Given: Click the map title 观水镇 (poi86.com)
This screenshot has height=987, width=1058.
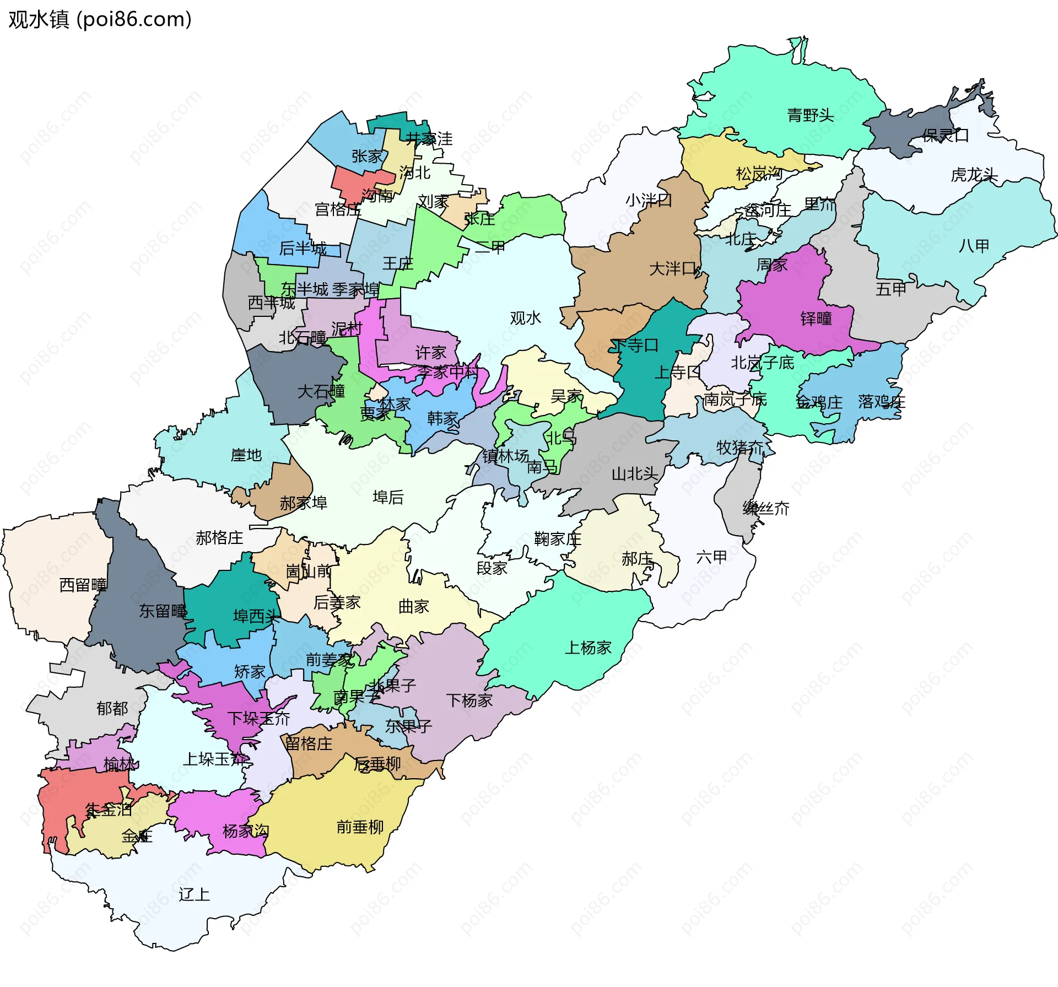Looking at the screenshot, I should pyautogui.click(x=100, y=19).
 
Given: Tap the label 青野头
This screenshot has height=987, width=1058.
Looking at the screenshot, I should pyautogui.click(x=810, y=115).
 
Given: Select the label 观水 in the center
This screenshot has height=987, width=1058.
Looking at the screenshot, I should pyautogui.click(x=525, y=318).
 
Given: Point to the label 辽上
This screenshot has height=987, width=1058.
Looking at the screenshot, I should pyautogui.click(x=194, y=894).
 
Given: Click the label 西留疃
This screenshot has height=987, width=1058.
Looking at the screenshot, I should pyautogui.click(x=83, y=585).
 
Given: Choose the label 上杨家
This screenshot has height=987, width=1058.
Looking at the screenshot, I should pyautogui.click(x=588, y=648).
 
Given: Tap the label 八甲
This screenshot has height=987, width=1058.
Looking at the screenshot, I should pyautogui.click(x=974, y=246).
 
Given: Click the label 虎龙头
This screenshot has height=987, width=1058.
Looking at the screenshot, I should pyautogui.click(x=974, y=175).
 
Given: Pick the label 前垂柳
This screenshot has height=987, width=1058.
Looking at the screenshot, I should pyautogui.click(x=360, y=827).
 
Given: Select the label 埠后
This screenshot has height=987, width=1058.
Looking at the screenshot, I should pyautogui.click(x=388, y=497).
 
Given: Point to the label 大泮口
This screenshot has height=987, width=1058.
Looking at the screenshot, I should pyautogui.click(x=673, y=269).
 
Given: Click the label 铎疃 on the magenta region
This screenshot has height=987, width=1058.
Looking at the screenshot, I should pyautogui.click(x=816, y=319).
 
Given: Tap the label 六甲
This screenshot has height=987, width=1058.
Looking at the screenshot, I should pyautogui.click(x=711, y=557).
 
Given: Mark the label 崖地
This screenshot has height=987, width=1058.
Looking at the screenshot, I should pyautogui.click(x=246, y=455).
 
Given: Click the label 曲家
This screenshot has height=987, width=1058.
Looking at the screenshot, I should pyautogui.click(x=413, y=607).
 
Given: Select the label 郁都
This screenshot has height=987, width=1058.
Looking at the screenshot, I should pyautogui.click(x=112, y=708).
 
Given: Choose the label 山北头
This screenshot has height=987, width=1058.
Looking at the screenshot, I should pyautogui.click(x=635, y=473).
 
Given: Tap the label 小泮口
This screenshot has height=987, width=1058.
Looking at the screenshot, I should pyautogui.click(x=648, y=200).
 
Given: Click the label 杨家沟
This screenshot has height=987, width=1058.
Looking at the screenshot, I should pyautogui.click(x=246, y=831).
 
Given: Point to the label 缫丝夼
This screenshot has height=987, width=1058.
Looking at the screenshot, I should pyautogui.click(x=765, y=508).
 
